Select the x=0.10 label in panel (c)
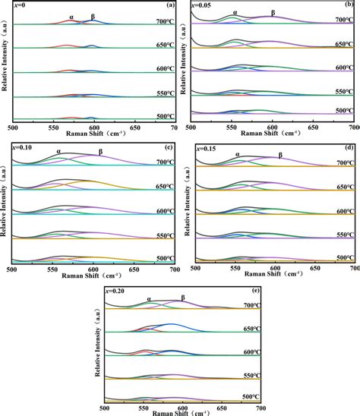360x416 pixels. (21, 147)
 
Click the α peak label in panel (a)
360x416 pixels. (71, 15)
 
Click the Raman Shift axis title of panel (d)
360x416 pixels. (276, 276)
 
